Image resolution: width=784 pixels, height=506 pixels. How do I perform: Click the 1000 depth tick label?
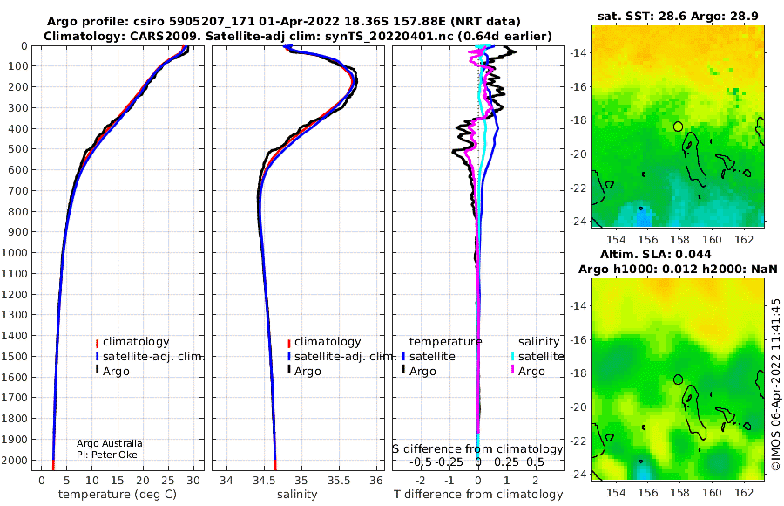(x=14, y=252)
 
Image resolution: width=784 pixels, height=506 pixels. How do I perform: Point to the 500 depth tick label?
(x=17, y=149)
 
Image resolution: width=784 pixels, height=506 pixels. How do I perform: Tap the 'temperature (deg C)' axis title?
(x=118, y=495)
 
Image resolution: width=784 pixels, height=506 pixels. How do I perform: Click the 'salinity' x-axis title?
(x=297, y=495)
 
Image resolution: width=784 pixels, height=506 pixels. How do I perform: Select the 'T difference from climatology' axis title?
(x=478, y=495)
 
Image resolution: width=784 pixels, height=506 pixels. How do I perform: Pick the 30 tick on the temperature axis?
(x=193, y=481)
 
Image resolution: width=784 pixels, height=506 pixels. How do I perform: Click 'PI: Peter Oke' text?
(x=107, y=455)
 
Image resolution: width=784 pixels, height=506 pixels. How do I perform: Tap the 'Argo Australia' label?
(x=109, y=443)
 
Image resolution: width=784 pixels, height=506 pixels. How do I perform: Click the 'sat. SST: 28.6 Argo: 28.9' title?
(x=678, y=16)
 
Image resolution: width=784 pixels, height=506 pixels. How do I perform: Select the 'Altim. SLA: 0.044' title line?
(x=655, y=254)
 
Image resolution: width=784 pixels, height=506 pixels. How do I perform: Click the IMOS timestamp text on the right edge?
(x=775, y=385)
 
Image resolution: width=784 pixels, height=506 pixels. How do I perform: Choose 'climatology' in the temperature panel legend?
(x=136, y=342)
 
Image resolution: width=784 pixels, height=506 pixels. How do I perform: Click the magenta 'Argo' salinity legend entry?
(x=531, y=372)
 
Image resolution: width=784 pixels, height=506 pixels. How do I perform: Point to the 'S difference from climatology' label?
(x=477, y=449)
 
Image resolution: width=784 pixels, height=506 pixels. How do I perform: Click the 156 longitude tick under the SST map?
(x=648, y=240)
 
